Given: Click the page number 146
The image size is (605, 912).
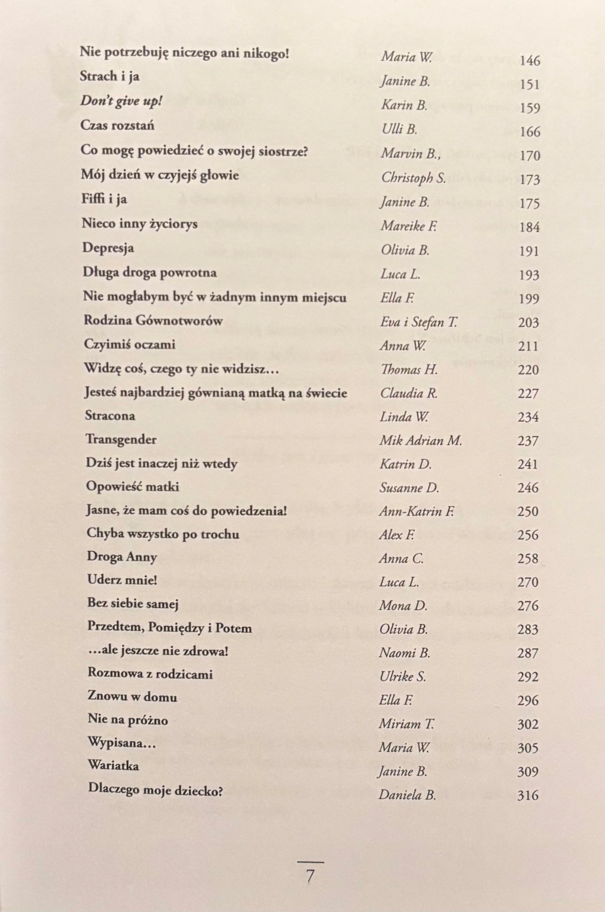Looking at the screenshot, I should [530, 61].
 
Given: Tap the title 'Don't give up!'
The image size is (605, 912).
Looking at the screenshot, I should [121, 102].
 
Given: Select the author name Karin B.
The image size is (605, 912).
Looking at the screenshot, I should [404, 105].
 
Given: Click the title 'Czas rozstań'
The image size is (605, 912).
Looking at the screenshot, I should [118, 126].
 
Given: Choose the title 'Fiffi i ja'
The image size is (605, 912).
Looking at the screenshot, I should [104, 199].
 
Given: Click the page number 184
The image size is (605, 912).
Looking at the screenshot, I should [529, 227].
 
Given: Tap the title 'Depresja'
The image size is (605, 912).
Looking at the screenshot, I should [108, 248].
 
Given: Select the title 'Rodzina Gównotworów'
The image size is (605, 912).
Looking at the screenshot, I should [153, 320].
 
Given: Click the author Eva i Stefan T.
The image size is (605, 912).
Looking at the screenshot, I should [419, 322].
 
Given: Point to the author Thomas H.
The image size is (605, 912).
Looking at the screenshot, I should [409, 370].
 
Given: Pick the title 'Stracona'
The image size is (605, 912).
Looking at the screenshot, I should [110, 416].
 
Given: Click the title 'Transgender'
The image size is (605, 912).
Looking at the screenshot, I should [121, 439].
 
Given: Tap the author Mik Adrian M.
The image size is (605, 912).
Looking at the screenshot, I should [420, 441].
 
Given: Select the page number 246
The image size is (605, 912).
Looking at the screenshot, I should [528, 488].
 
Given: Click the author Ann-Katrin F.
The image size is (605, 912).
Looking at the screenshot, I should [417, 512].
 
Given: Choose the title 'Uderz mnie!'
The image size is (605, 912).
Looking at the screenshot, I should [122, 580].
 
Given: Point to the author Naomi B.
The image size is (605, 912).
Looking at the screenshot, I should [404, 653].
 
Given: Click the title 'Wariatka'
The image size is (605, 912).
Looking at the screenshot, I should [113, 765].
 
